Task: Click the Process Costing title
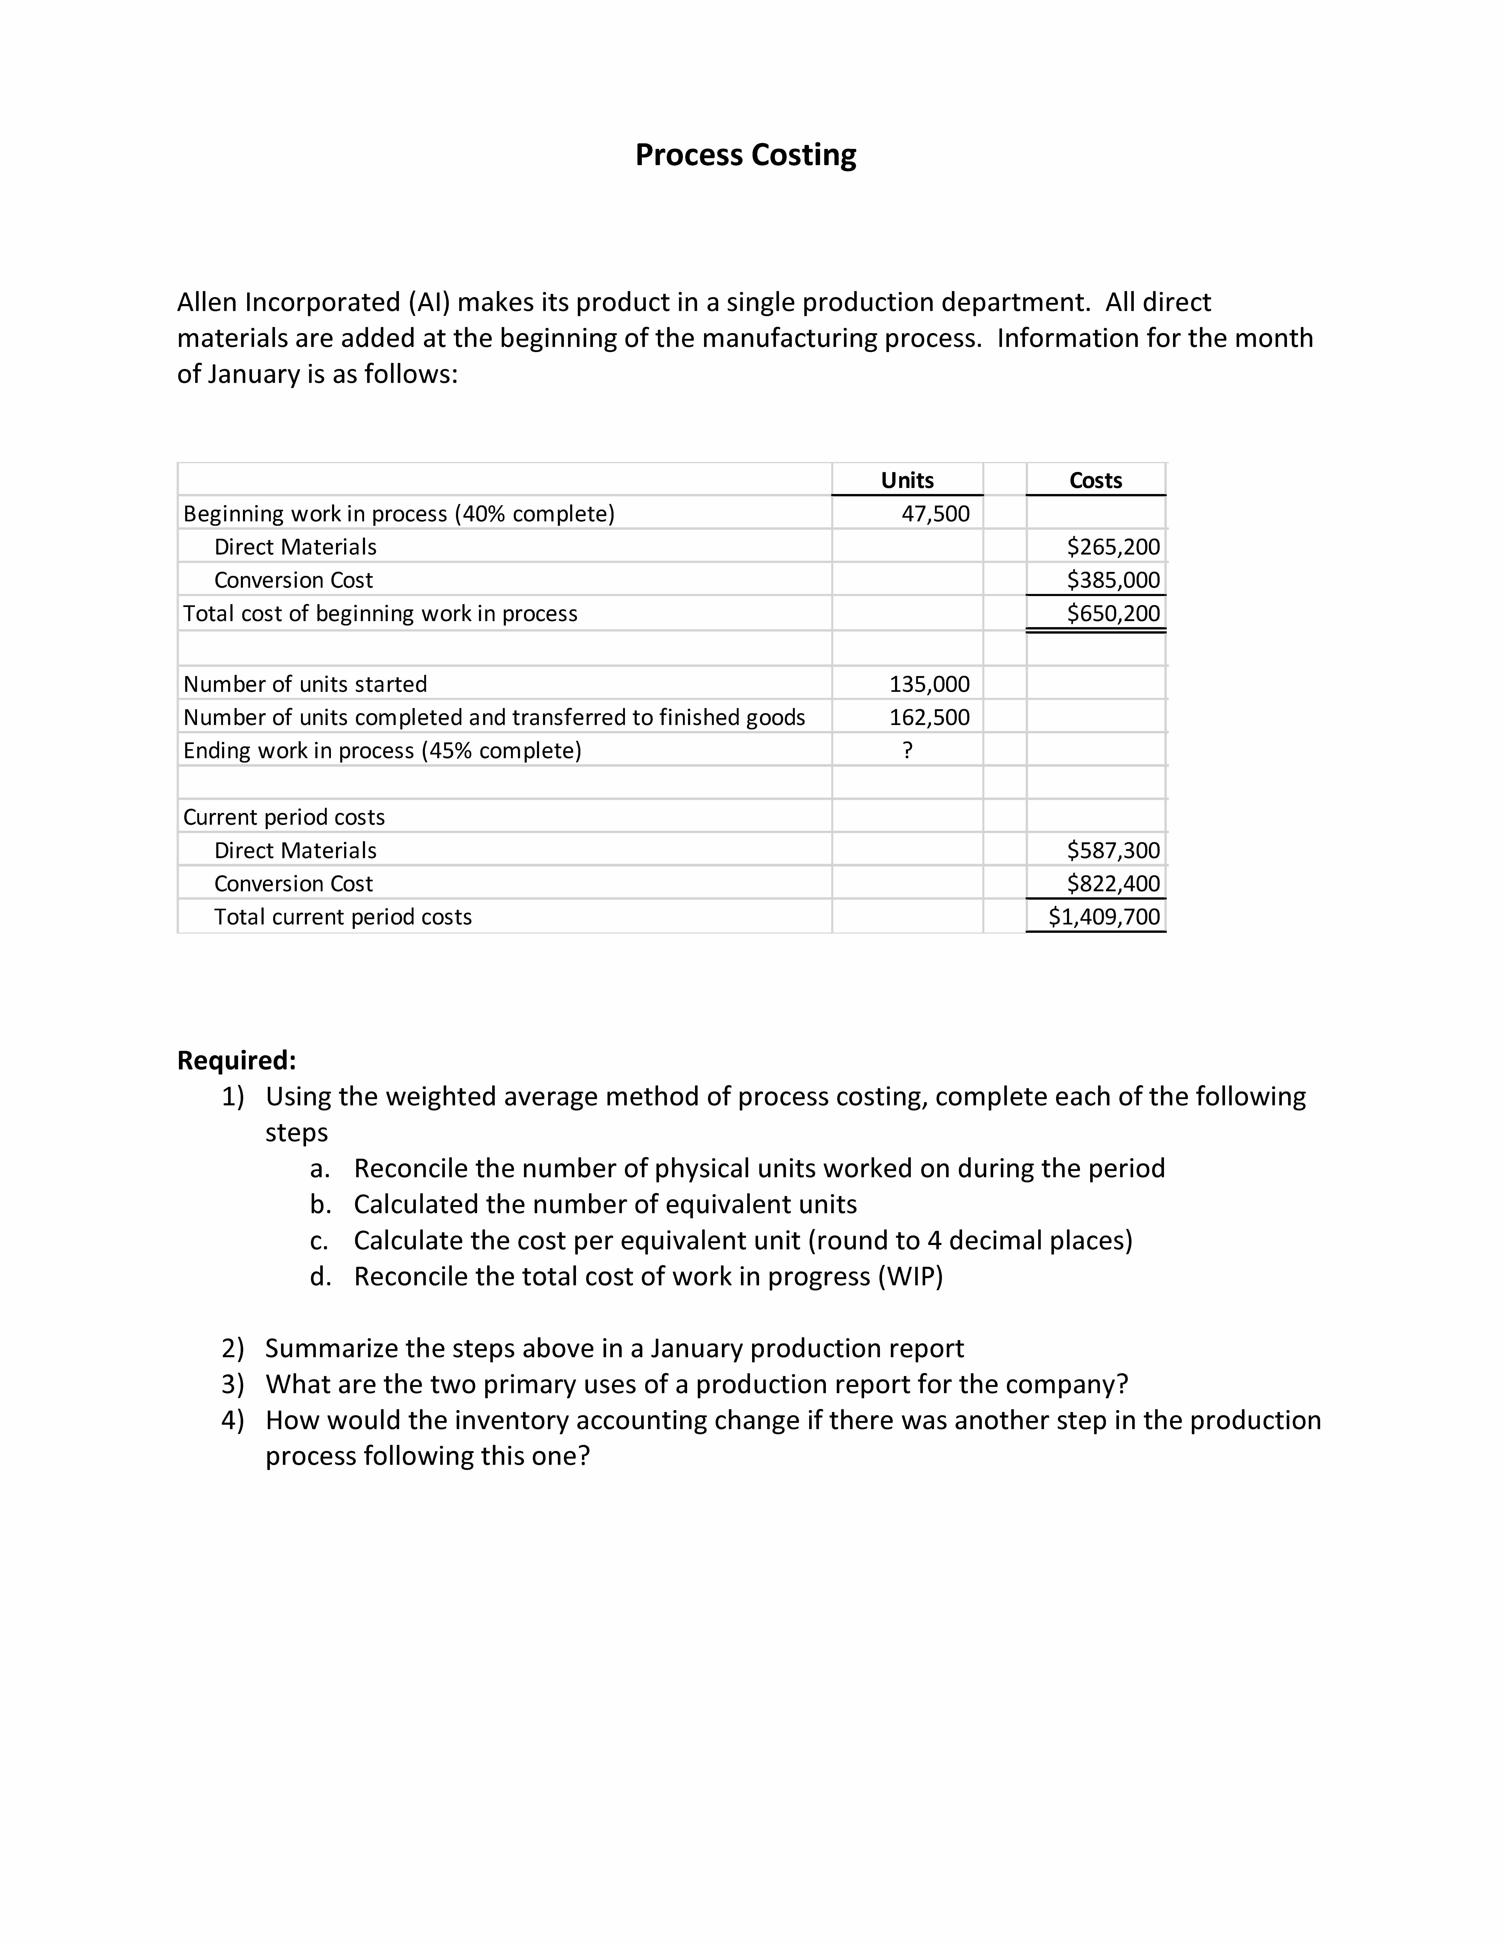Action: pyautogui.click(x=745, y=155)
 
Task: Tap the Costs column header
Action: pyautogui.click(x=1095, y=481)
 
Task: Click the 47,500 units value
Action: pyautogui.click(x=935, y=513)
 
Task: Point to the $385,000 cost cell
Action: pyautogui.click(x=1113, y=580)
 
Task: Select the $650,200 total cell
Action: pyautogui.click(x=1113, y=613)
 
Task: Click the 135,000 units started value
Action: pyautogui.click(x=930, y=684)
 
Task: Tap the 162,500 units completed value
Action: pyautogui.click(x=930, y=717)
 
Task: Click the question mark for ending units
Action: pyautogui.click(x=907, y=750)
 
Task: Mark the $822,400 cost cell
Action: pyautogui.click(x=1113, y=884)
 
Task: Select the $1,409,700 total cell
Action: pyautogui.click(x=1104, y=917)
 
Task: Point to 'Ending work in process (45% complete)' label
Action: pyautogui.click(x=382, y=750)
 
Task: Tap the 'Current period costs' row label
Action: pyautogui.click(x=284, y=817)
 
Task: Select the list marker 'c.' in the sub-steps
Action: pyautogui.click(x=320, y=1241)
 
